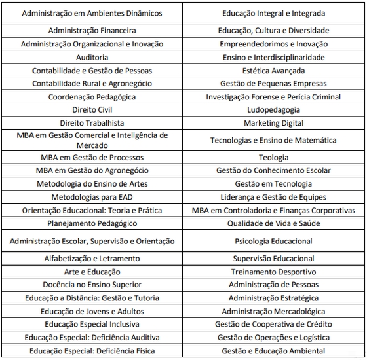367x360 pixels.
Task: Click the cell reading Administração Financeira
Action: pos(92,31)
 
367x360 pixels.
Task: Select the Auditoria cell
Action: pos(92,57)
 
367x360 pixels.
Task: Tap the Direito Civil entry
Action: pos(92,110)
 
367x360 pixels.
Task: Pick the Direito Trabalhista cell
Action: pos(92,123)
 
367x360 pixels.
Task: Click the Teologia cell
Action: pos(274,158)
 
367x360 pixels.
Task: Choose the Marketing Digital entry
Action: pos(274,123)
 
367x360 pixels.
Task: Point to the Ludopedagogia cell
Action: pos(274,110)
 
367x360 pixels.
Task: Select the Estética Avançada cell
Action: pos(274,70)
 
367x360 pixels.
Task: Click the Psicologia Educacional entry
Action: pos(274,242)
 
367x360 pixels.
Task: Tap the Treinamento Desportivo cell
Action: pos(274,272)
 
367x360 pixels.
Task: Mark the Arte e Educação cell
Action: pos(92,272)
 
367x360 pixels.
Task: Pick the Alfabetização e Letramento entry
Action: pos(92,259)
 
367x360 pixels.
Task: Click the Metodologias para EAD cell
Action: pos(92,197)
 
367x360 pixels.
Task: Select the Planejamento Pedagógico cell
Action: pos(92,223)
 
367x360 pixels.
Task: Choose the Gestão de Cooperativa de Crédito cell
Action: pos(274,324)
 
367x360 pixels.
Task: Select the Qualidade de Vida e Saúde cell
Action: pos(274,223)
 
